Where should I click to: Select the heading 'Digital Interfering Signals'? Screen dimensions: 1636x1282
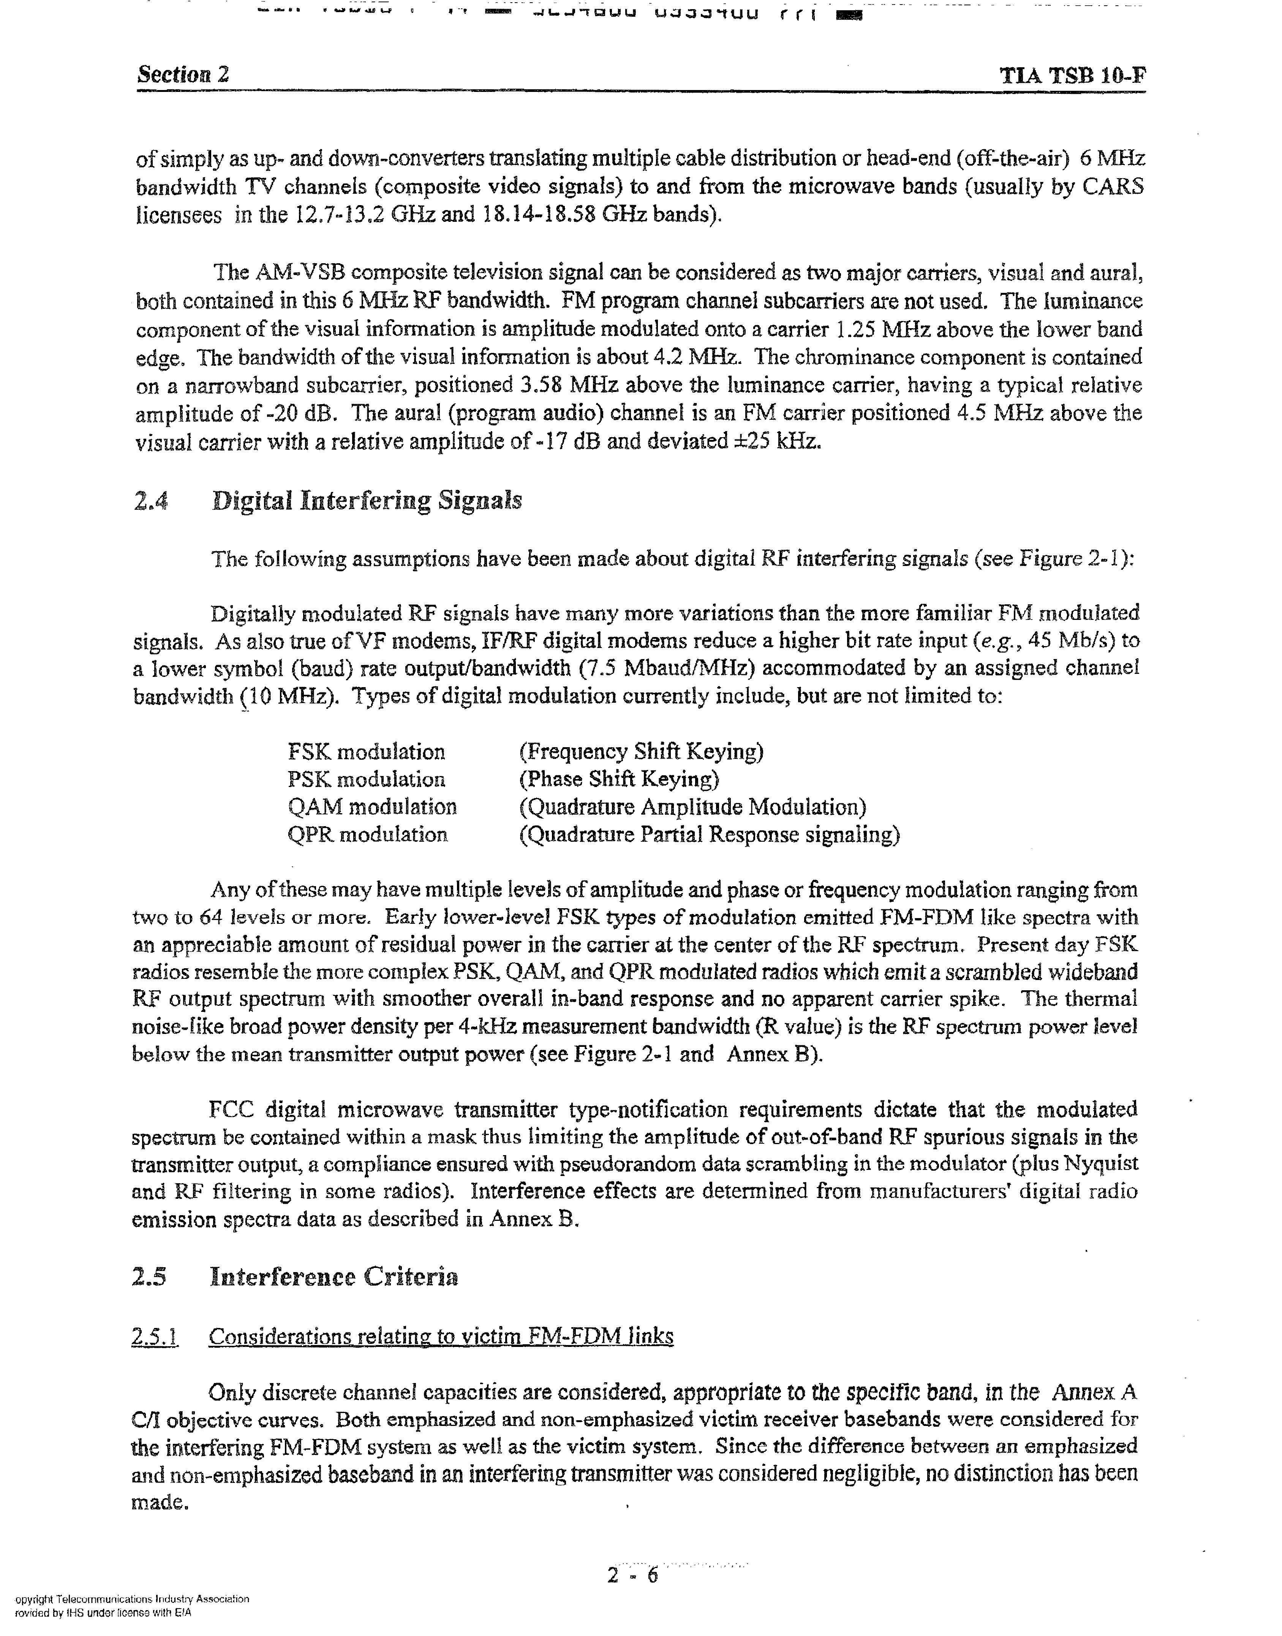pyautogui.click(x=367, y=501)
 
